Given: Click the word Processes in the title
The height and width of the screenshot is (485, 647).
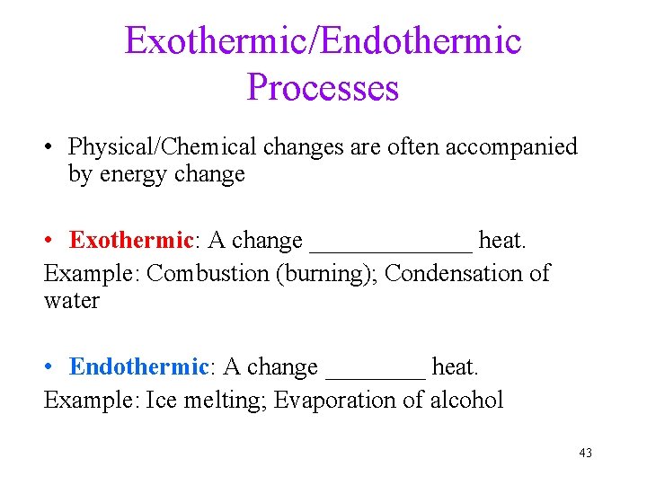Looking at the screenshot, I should pyautogui.click(x=323, y=87).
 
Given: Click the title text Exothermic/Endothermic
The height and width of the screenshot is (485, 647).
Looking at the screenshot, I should pyautogui.click(x=323, y=40).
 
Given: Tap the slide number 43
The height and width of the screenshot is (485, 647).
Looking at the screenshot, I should pyautogui.click(x=586, y=453).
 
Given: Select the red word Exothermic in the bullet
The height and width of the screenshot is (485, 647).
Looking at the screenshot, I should pyautogui.click(x=131, y=241).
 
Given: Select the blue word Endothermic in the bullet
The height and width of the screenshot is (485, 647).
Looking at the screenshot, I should pyautogui.click(x=138, y=367).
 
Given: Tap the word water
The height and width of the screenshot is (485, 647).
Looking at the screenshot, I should pyautogui.click(x=71, y=301).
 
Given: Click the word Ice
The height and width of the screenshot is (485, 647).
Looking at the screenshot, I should pyautogui.click(x=162, y=399).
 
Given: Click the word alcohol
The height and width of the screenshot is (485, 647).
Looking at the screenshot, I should pyautogui.click(x=466, y=399).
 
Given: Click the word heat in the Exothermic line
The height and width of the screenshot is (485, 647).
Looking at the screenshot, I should pyautogui.click(x=501, y=241).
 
